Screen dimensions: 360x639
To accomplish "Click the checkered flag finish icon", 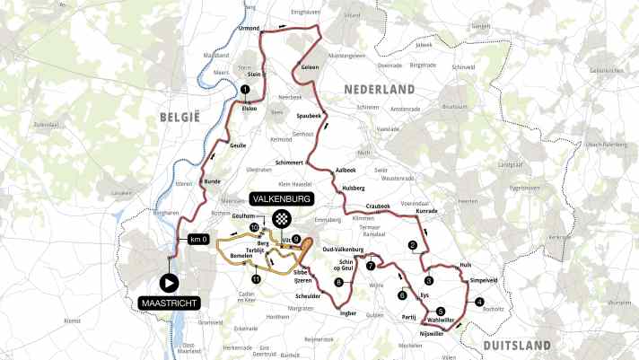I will [x=284, y=218].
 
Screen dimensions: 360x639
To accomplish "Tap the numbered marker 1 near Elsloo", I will [x=244, y=89].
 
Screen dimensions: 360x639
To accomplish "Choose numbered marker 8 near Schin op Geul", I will [x=338, y=283].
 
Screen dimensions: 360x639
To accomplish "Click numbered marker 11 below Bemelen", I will [x=256, y=279].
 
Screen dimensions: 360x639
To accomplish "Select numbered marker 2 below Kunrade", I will [x=413, y=245].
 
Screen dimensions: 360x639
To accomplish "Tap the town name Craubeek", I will [x=378, y=206].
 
